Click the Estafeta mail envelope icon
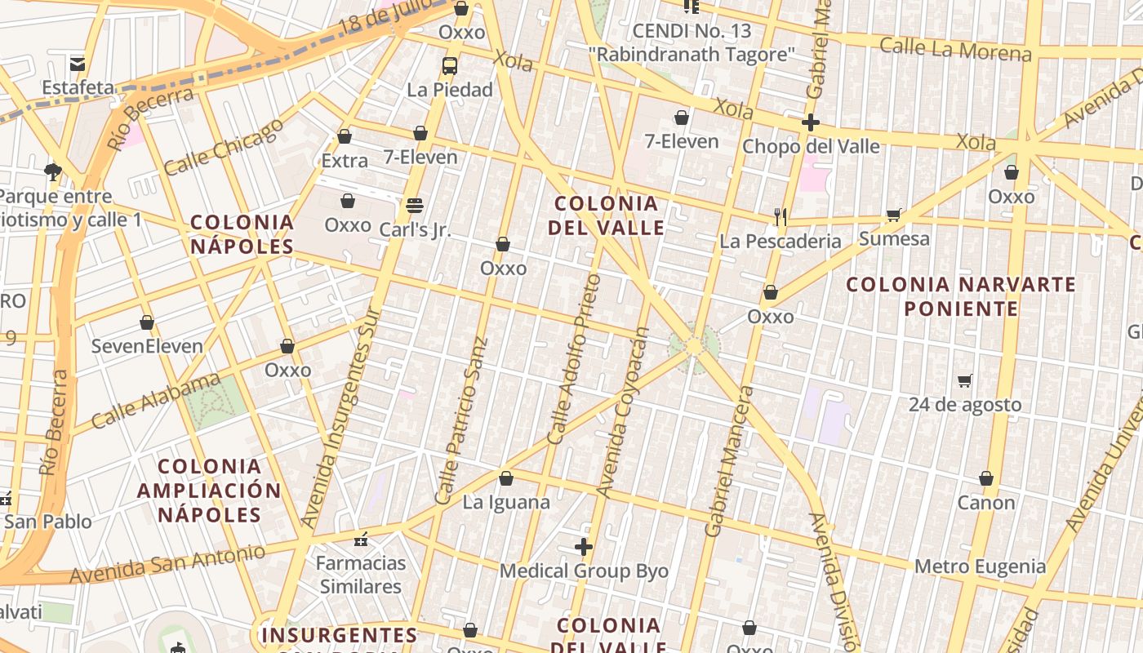(x=78, y=64)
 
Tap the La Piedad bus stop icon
(x=450, y=66)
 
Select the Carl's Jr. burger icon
(x=415, y=205)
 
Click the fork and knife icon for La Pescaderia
(x=781, y=216)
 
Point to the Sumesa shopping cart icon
(x=894, y=215)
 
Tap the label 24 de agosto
(x=965, y=405)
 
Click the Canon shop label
(x=986, y=503)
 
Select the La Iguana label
(x=506, y=502)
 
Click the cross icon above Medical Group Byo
(x=584, y=547)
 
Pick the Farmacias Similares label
(x=361, y=575)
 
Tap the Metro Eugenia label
(x=980, y=566)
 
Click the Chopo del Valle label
(x=811, y=147)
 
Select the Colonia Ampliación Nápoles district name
(x=209, y=491)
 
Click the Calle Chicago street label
(x=224, y=147)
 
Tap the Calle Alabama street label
(x=156, y=401)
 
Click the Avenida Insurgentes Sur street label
(x=340, y=416)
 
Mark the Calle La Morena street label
(x=955, y=50)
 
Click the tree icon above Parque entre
(x=53, y=171)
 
